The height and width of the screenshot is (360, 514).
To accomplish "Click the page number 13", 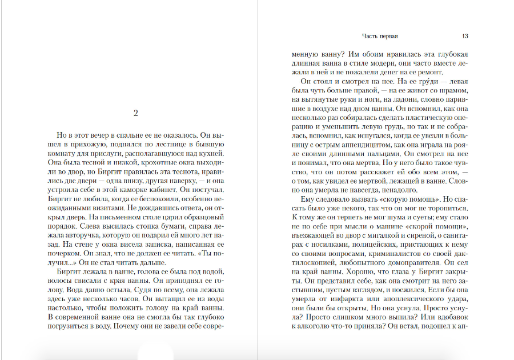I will click(x=465, y=35).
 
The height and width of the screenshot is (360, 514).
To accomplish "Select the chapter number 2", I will click(x=135, y=113).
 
